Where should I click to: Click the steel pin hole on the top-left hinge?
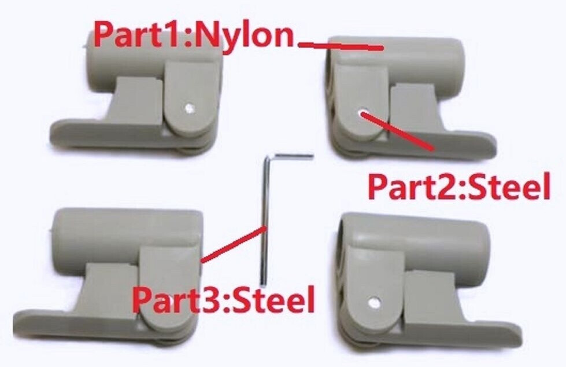pos(188,107)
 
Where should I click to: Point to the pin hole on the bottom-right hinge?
pos(375,301)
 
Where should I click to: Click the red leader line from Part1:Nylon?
pos(341,45)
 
